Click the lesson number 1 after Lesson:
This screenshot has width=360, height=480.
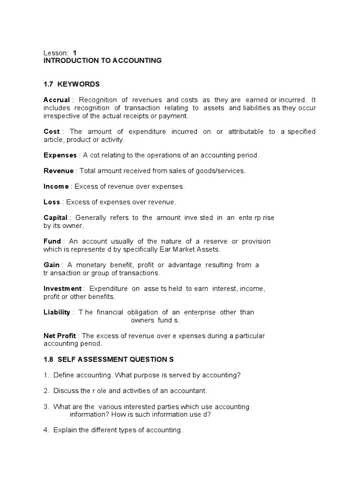coord(75,53)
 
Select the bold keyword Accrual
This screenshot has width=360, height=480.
coord(56,100)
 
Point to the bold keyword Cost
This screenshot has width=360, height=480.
coord(52,132)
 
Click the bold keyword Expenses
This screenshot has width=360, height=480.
coord(60,155)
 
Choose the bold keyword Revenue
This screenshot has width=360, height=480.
coord(59,171)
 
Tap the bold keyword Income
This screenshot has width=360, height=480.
coord(56,187)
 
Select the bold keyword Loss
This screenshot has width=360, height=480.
coord(52,202)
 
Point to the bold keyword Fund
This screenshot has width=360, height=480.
coord(52,241)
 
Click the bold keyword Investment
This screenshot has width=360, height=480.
coord(62,289)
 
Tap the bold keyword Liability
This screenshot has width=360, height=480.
coord(57,312)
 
